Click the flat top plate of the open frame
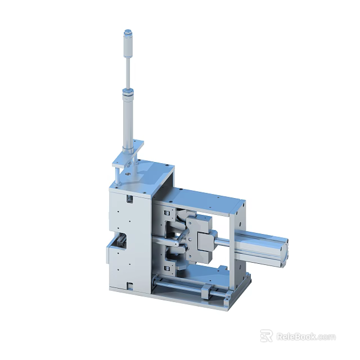pos(205,198)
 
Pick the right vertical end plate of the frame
pos(240,236)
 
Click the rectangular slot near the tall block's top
pos(129,199)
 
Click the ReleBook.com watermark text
pos(306,337)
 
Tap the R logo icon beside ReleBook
pos(266,336)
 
